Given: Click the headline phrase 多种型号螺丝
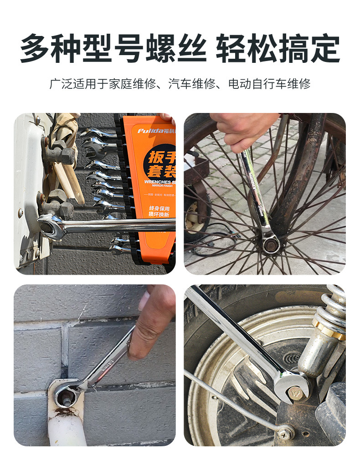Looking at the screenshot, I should (113, 48).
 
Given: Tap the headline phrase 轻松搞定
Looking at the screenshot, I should (278, 48).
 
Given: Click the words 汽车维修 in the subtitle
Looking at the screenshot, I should (193, 84).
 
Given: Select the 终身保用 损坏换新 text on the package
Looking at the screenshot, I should (159, 211).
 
